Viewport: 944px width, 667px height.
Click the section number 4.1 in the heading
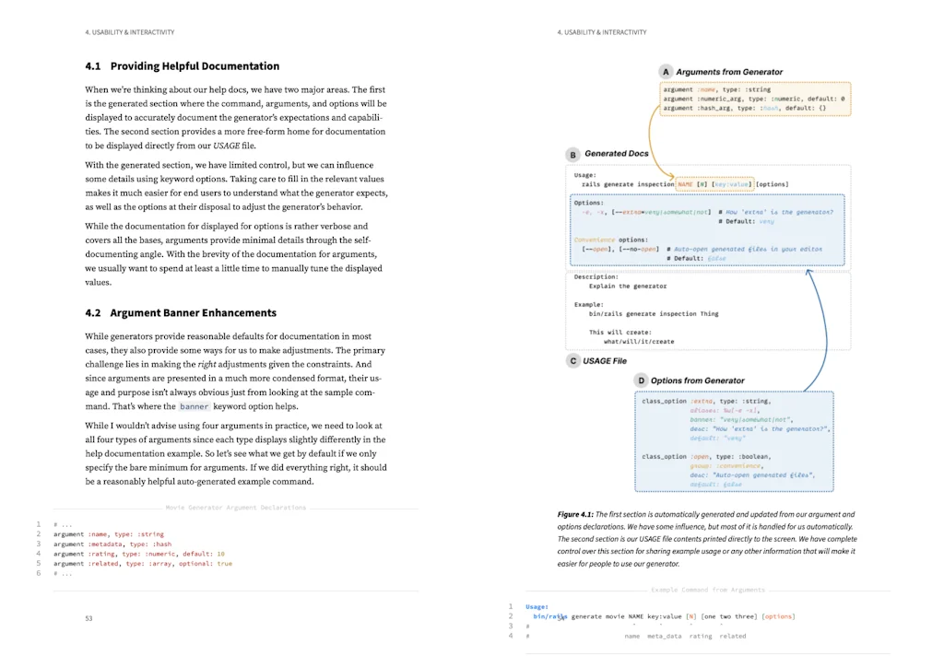tap(93, 66)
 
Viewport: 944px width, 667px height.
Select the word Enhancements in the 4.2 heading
tap(242, 313)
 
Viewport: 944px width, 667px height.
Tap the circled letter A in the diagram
tap(666, 72)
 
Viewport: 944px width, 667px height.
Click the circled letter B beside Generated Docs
tap(573, 154)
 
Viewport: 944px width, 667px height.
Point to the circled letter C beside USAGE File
tap(573, 361)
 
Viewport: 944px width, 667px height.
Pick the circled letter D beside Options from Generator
tap(641, 380)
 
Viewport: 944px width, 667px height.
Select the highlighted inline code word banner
tap(195, 406)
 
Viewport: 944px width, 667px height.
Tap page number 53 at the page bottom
tap(88, 618)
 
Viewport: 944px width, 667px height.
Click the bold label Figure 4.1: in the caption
tap(575, 515)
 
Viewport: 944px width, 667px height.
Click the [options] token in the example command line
tap(778, 616)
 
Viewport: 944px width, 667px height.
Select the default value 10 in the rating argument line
tap(220, 554)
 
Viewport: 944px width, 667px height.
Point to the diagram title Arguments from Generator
tap(729, 72)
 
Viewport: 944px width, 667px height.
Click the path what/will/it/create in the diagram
tap(639, 342)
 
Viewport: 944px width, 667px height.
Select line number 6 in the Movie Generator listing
tap(39, 573)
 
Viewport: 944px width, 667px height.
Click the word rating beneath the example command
tap(701, 637)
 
